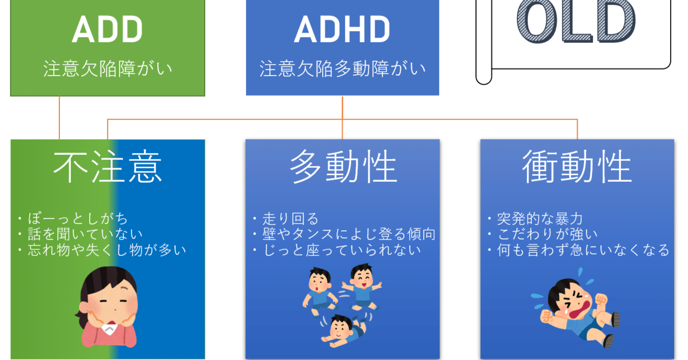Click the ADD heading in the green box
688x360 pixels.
[x=107, y=31]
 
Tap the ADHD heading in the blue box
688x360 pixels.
[x=342, y=31]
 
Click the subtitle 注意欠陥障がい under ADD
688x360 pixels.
[x=108, y=69]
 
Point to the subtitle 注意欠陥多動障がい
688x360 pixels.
[x=343, y=69]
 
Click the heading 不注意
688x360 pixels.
[x=108, y=167]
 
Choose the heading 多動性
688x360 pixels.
[x=343, y=167]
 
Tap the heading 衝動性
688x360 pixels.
[x=577, y=167]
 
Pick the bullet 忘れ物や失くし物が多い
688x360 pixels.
[x=105, y=249]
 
